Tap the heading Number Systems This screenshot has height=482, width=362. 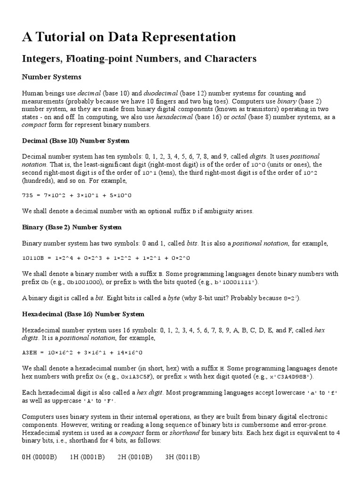(52, 77)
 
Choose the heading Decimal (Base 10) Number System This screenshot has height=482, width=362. (76, 141)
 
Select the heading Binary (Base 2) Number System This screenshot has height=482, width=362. (72, 227)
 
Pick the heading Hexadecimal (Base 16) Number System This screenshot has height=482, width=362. (83, 314)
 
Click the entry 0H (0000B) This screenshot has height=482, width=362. (40, 457)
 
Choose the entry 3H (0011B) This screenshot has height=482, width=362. (183, 457)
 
